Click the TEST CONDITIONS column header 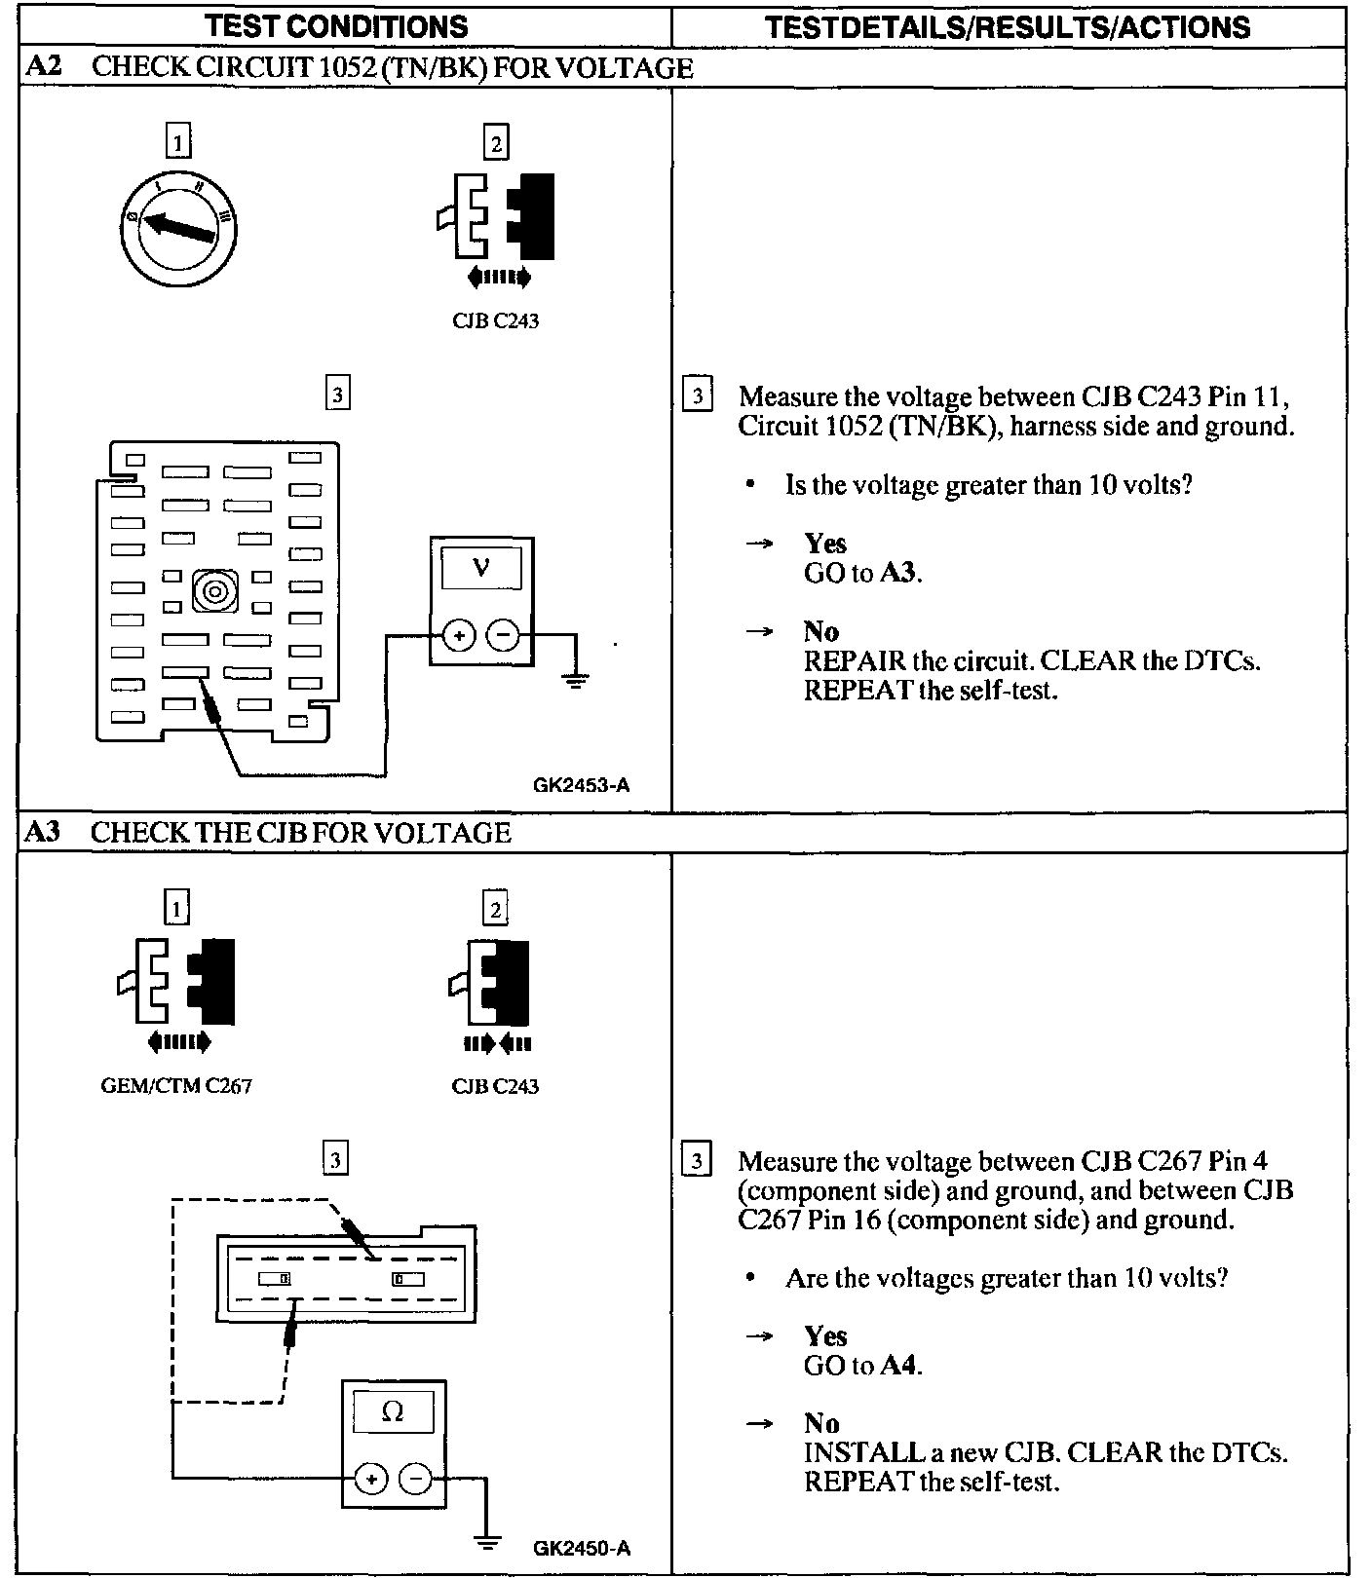coord(337,26)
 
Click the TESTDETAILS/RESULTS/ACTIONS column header coord(1008,26)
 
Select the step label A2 coord(42,67)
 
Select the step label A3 coord(42,832)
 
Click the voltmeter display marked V coord(480,567)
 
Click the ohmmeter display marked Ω coord(393,1411)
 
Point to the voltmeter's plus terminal coord(459,637)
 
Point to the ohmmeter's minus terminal coord(415,1480)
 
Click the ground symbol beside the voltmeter coord(576,680)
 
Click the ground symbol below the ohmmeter coord(486,1542)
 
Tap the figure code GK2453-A coord(581,784)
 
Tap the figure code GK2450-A coord(582,1548)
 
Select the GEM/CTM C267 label coord(176,1085)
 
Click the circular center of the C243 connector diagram coord(214,590)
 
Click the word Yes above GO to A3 coord(824,544)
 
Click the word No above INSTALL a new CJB coord(820,1423)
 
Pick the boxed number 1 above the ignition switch coord(176,143)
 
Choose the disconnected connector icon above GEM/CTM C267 coord(176,984)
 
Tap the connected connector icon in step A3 coord(495,984)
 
